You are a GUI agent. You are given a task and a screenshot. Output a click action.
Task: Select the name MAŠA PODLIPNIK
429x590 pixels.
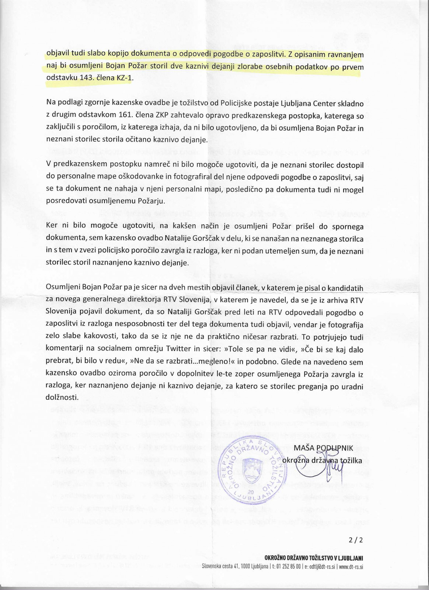point(323,448)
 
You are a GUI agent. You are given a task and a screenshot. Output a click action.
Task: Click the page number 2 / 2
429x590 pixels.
point(356,540)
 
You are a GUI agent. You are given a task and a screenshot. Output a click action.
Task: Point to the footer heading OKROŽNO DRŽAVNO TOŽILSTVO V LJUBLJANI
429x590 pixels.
point(314,558)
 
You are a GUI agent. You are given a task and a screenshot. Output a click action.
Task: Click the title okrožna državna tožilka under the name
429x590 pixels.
point(322,460)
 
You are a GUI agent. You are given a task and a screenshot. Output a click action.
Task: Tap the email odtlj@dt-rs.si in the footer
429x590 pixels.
point(321,566)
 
